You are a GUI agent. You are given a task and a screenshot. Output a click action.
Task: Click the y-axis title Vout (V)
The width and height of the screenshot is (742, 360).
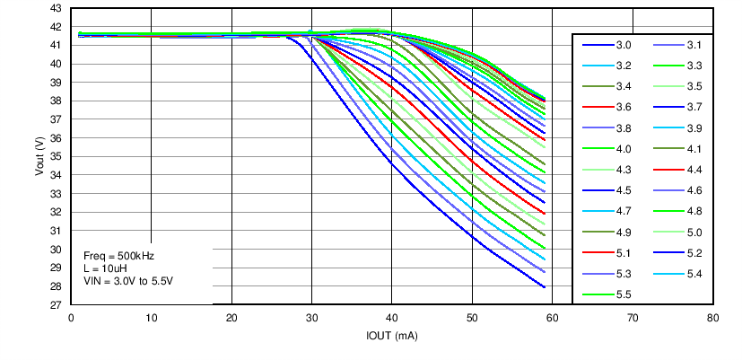pos(39,156)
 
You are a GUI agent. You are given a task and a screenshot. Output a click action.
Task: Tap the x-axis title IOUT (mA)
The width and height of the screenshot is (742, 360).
pos(392,336)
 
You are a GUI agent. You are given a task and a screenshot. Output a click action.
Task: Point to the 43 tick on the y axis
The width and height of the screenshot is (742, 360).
pos(56,8)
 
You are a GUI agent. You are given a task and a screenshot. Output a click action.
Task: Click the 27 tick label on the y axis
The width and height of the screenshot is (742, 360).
pos(56,305)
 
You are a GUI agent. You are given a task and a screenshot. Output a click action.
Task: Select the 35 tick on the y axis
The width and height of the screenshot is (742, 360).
pos(56,156)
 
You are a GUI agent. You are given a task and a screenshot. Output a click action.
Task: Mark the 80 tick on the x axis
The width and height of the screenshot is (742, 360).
pos(712,318)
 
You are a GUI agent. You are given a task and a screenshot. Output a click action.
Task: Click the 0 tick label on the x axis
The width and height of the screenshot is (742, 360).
pos(71,318)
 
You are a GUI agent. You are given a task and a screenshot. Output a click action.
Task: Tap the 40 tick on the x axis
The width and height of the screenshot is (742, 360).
pos(392,318)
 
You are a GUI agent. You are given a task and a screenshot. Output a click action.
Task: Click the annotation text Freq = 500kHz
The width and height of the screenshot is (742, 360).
pos(118,256)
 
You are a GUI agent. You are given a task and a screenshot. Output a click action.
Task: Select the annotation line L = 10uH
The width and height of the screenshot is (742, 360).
pos(106,268)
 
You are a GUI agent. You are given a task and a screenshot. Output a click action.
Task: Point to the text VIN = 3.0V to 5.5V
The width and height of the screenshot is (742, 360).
pos(128,281)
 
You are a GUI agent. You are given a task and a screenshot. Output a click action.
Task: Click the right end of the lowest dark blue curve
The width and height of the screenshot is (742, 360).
pos(545,286)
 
